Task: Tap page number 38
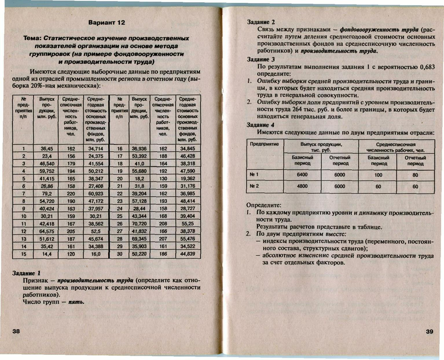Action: (x=16, y=331)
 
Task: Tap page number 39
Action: (x=429, y=331)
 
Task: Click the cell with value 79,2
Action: (x=46, y=194)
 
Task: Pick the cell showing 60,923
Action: (x=96, y=194)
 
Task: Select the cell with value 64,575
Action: (x=46, y=231)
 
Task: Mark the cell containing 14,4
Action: (x=46, y=255)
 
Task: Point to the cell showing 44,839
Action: (x=188, y=255)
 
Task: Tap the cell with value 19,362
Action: (x=188, y=178)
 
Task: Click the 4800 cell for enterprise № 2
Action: (x=302, y=186)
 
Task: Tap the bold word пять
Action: (x=77, y=302)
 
